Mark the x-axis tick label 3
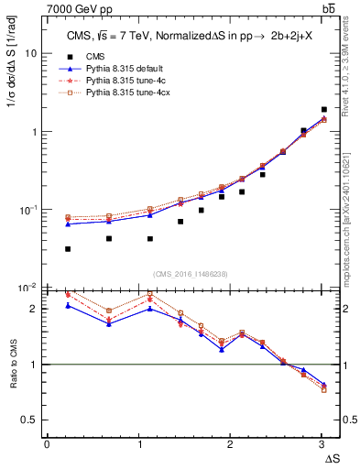tap(322, 444)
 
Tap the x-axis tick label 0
tap(47, 444)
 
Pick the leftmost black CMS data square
tap(69, 248)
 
